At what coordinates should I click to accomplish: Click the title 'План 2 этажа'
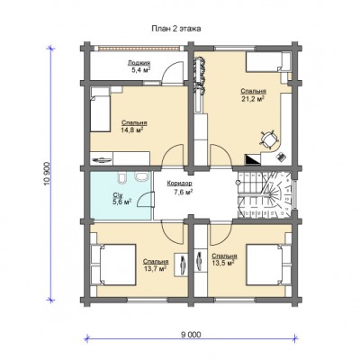176,29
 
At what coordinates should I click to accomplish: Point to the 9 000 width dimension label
191,335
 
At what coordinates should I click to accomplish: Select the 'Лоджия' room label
139,63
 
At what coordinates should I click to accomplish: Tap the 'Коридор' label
179,183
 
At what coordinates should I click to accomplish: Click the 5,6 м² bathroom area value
122,202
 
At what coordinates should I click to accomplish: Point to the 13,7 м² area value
156,268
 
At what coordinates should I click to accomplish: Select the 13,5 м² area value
223,263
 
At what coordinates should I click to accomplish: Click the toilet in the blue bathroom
122,177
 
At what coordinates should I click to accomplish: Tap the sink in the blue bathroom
141,176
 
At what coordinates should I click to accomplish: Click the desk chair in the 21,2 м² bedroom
268,139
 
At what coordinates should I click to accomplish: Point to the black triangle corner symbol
253,159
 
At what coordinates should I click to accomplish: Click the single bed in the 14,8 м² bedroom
100,109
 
